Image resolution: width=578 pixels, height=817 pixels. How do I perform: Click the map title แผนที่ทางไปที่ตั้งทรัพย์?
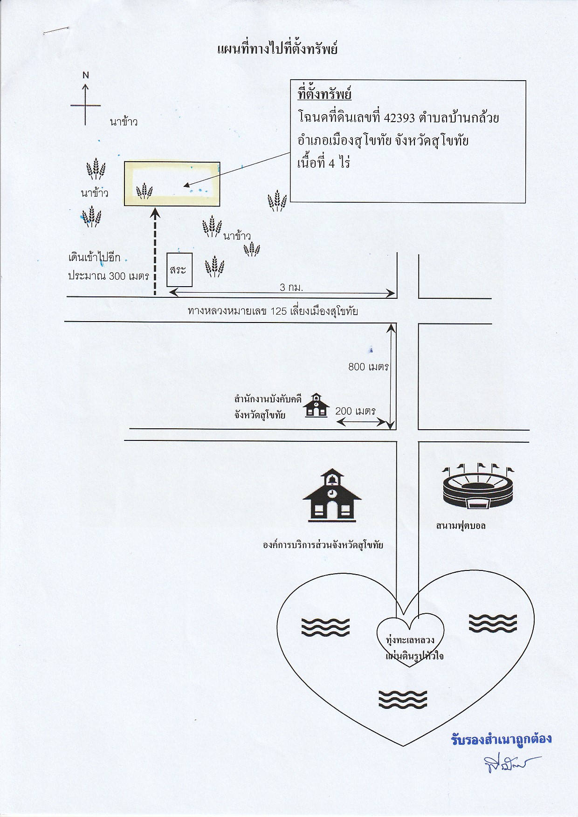click(277, 49)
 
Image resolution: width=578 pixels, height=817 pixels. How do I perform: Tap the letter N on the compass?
click(86, 75)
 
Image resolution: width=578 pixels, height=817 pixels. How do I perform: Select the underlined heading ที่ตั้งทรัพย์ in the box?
click(324, 94)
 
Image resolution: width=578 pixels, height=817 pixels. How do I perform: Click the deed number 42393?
click(399, 117)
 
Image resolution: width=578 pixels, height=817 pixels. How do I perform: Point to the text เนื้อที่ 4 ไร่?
click(323, 163)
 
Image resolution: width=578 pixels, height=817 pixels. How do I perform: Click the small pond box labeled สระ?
click(179, 270)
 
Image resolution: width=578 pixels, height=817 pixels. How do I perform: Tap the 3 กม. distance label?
click(291, 288)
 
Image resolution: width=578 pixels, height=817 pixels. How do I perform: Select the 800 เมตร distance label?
click(368, 367)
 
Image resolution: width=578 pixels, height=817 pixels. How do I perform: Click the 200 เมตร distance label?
click(355, 411)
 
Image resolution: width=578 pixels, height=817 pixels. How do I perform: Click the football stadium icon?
click(478, 486)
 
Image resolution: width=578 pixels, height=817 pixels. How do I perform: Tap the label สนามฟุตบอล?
click(461, 526)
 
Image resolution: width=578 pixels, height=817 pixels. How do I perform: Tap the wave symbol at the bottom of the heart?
click(403, 700)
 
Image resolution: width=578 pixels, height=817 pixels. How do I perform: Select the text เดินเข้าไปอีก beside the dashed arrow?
click(94, 258)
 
